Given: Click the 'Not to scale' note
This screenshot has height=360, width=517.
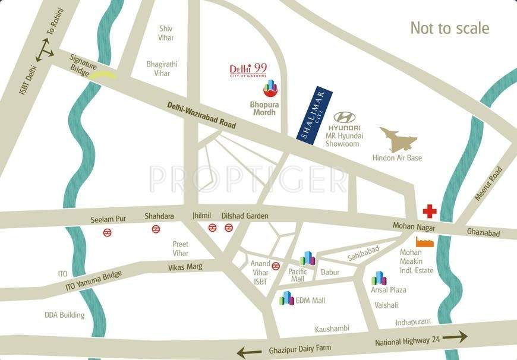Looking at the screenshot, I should click(450, 28).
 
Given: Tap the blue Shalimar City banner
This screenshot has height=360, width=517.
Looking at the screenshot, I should click(314, 115).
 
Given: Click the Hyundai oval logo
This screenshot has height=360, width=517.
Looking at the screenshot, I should click(345, 117).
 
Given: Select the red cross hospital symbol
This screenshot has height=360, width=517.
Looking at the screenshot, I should click(429, 211).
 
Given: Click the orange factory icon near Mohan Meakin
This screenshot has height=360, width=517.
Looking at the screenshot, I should click(424, 242).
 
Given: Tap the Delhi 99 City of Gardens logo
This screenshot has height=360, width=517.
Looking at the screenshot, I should click(248, 71).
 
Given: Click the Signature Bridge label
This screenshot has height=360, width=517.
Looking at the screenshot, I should click(83, 65).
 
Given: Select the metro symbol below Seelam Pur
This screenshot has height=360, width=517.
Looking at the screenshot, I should click(108, 232).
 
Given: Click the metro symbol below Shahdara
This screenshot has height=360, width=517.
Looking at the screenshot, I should click(156, 229).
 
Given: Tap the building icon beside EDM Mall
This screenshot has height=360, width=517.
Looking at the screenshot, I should click(287, 298).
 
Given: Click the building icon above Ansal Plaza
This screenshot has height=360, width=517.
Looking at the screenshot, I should click(379, 278).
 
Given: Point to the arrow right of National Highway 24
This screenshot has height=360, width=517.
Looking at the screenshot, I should click(455, 337).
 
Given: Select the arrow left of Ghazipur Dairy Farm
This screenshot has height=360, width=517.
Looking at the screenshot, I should click(250, 352).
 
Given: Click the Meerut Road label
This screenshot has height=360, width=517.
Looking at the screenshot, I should click(489, 184).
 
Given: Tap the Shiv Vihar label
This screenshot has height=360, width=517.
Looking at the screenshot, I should click(166, 33).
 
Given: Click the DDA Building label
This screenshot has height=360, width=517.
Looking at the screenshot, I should click(64, 315).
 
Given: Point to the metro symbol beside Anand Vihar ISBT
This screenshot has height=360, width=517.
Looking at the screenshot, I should click(276, 266).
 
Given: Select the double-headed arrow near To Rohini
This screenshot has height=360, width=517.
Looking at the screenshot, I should click(45, 49).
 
